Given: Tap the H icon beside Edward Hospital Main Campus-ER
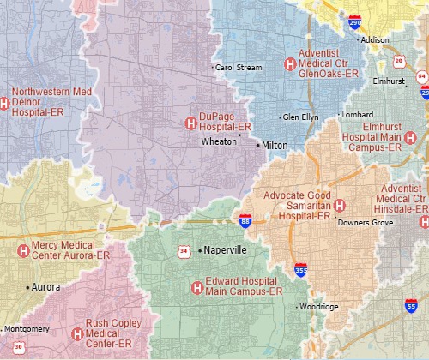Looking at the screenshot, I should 196,286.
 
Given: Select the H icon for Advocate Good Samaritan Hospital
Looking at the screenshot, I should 340,206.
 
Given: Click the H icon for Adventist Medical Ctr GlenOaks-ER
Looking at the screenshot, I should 291,64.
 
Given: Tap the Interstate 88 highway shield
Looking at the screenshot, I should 245,220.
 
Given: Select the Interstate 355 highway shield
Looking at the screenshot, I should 300,269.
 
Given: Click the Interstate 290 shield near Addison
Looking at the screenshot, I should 354,23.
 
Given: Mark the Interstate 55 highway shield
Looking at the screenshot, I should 412,304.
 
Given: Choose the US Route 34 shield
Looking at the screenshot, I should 184,250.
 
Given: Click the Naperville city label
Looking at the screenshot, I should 226,250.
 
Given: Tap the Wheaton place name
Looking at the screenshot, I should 219,141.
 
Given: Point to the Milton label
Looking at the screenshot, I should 275,146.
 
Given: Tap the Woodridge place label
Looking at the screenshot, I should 320,306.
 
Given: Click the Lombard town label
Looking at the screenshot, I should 359,114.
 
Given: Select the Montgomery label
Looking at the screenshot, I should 27,329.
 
